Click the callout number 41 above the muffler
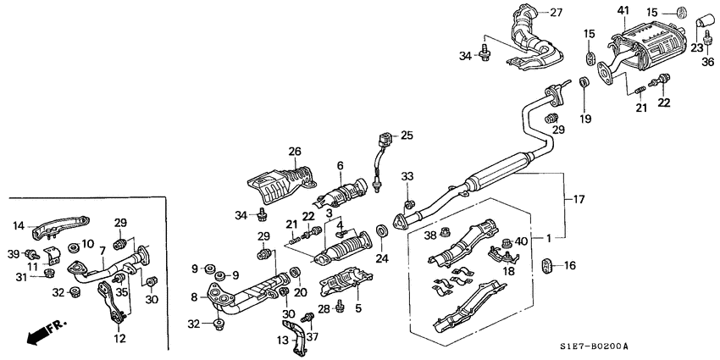[623, 11]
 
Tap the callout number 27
[556, 13]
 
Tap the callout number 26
[294, 152]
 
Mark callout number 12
[119, 338]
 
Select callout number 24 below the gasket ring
[383, 259]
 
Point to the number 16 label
[569, 266]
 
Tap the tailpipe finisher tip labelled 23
[704, 20]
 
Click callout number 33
[407, 176]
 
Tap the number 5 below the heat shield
[357, 309]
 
